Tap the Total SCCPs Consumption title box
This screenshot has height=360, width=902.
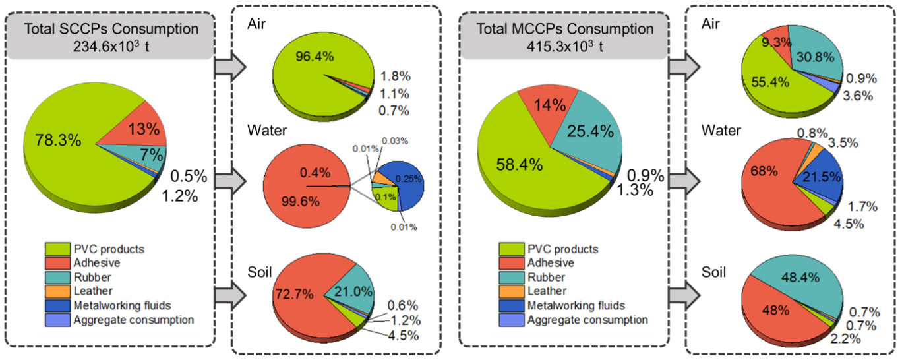click(x=111, y=36)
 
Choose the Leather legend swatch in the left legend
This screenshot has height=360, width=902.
click(x=56, y=291)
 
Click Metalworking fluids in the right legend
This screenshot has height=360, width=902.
click(x=576, y=305)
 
